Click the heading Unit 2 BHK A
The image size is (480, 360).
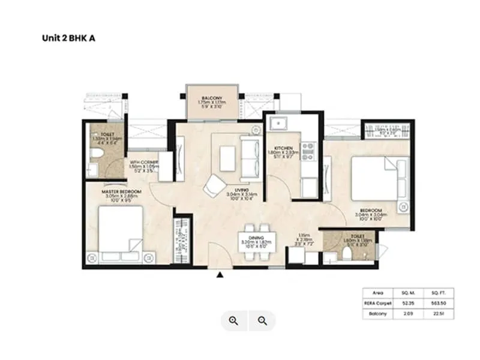68,37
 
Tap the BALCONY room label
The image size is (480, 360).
212,98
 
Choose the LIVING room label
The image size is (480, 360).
242,190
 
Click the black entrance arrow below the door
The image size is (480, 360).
220,275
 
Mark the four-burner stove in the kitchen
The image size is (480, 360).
308,151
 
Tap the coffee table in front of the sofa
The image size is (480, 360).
227,158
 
